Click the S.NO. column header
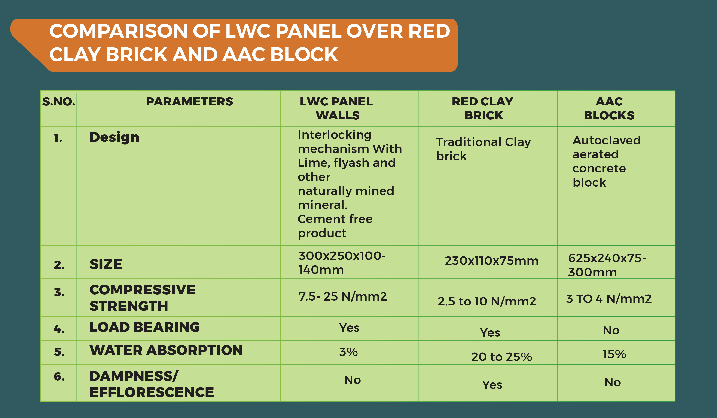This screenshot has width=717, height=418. pyautogui.click(x=59, y=102)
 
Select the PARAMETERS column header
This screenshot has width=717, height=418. pyautogui.click(x=189, y=102)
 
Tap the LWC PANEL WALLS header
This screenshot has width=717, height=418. pyautogui.click(x=337, y=108)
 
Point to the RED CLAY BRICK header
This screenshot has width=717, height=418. pyautogui.click(x=483, y=108)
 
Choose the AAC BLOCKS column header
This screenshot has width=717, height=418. pyautogui.click(x=609, y=108)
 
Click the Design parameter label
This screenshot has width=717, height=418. pyautogui.click(x=114, y=138)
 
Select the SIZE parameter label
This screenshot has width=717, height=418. pyautogui.click(x=106, y=264)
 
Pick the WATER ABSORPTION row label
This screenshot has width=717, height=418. pyautogui.click(x=166, y=350)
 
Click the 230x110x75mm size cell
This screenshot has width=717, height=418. pyautogui.click(x=492, y=261)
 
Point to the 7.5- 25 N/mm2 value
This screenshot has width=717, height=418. pyautogui.click(x=343, y=296)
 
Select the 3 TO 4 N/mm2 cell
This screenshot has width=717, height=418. pyautogui.click(x=609, y=299)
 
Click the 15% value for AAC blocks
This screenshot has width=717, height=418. pyautogui.click(x=614, y=354)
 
